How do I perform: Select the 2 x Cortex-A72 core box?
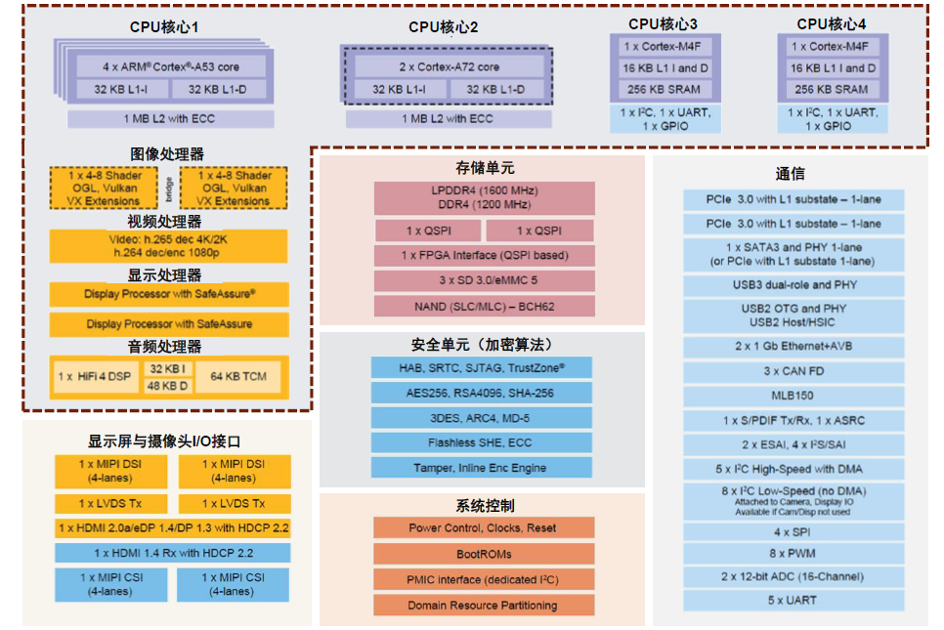point(449,66)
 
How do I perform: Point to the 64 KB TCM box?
point(237,376)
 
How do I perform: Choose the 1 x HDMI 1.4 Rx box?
point(172,553)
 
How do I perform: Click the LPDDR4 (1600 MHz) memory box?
point(484,197)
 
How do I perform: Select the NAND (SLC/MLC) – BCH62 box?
point(484,307)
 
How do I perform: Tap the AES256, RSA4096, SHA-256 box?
point(482,393)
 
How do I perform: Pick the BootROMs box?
point(484,554)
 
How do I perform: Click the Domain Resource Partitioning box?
point(484,606)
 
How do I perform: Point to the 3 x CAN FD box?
point(794,371)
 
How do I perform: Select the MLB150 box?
point(794,396)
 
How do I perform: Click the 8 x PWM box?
point(794,554)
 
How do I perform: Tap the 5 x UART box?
point(794,601)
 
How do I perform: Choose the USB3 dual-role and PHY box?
point(794,285)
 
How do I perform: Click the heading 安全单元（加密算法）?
point(483,345)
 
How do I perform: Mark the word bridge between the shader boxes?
point(169,187)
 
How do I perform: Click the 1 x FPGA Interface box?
point(484,256)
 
